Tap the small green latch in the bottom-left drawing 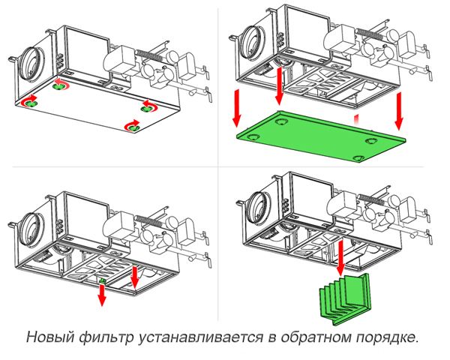[103, 280]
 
